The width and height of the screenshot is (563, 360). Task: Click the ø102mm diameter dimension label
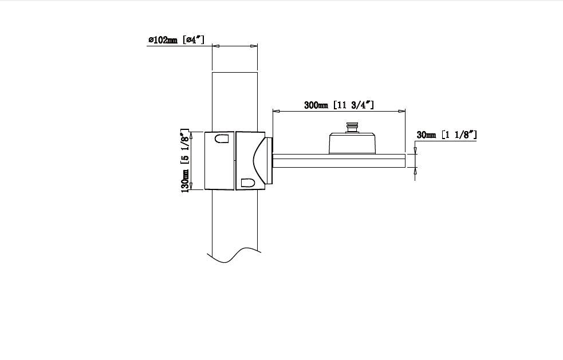[176, 39]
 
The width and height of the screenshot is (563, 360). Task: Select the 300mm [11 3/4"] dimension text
[339, 105]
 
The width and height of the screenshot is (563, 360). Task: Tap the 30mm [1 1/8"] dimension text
[447, 134]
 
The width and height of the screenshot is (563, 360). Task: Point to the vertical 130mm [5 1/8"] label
[184, 160]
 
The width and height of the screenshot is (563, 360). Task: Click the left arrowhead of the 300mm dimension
[277, 111]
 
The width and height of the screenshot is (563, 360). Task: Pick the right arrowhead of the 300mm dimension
[402, 111]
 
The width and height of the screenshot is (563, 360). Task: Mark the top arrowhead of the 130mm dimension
[191, 136]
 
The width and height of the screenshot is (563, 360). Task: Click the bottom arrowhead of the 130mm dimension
[191, 186]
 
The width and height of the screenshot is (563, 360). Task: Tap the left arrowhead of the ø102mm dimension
[216, 46]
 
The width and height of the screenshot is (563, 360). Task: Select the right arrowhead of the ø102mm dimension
[254, 46]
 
